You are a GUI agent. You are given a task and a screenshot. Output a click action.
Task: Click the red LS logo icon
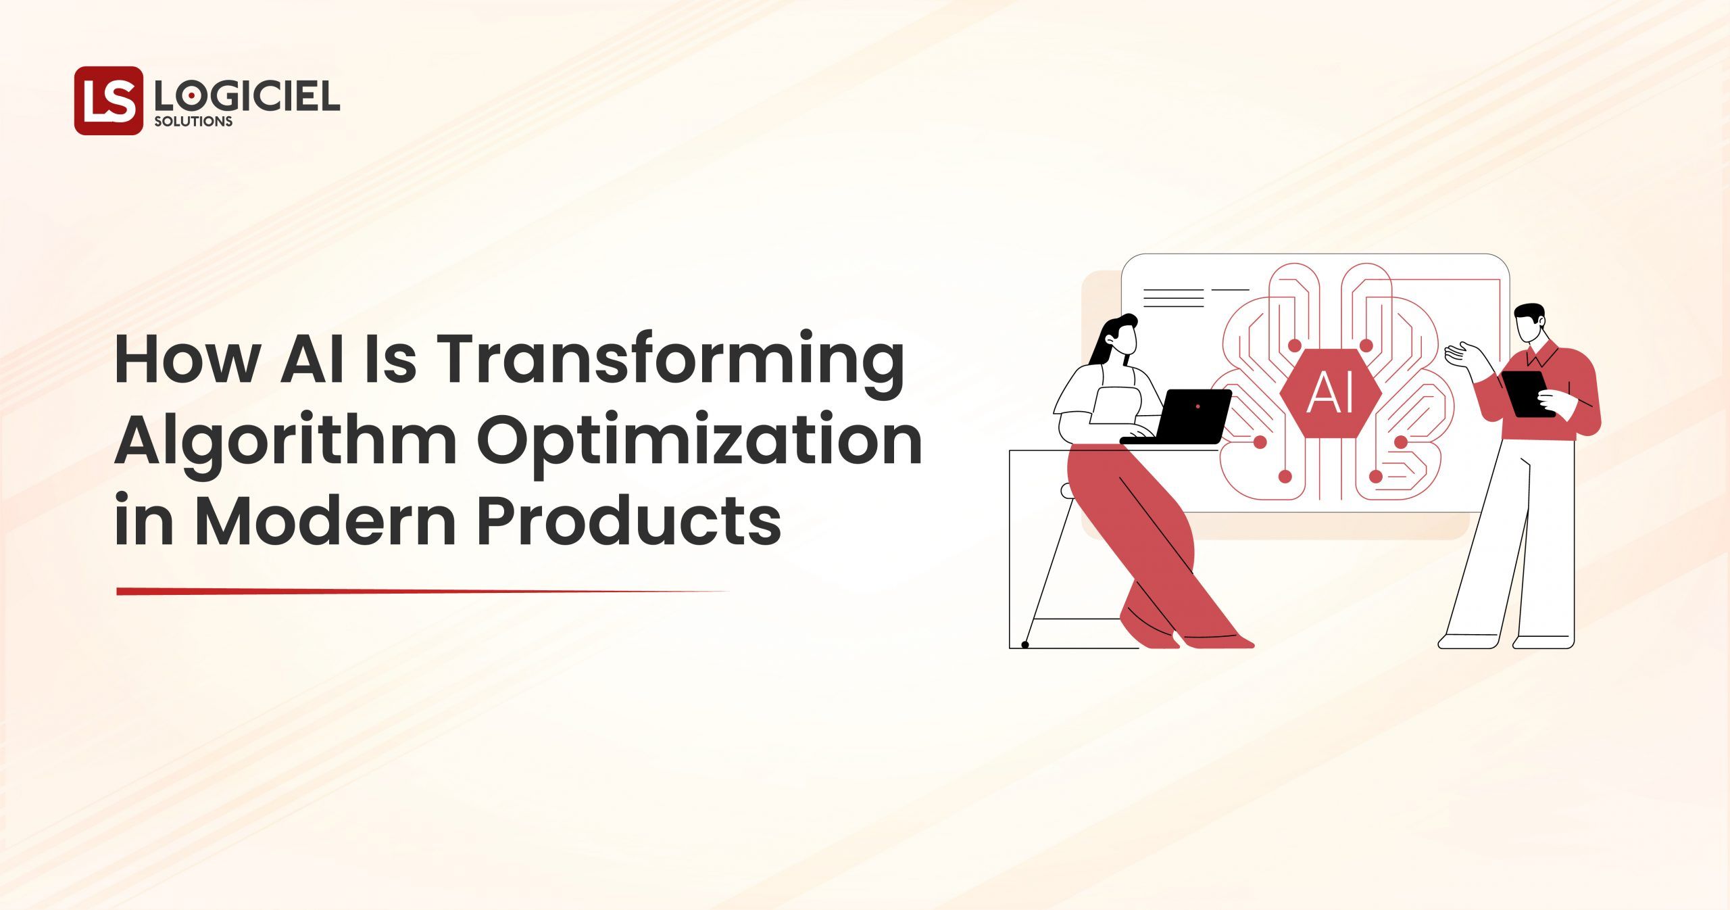point(108,100)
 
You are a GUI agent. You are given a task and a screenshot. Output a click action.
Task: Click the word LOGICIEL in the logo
point(247,98)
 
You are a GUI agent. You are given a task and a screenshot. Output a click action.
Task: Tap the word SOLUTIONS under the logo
point(193,122)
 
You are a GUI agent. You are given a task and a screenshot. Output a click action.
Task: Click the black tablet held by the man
point(1525,394)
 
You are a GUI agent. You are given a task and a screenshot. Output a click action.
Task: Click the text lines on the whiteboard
point(1175,298)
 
